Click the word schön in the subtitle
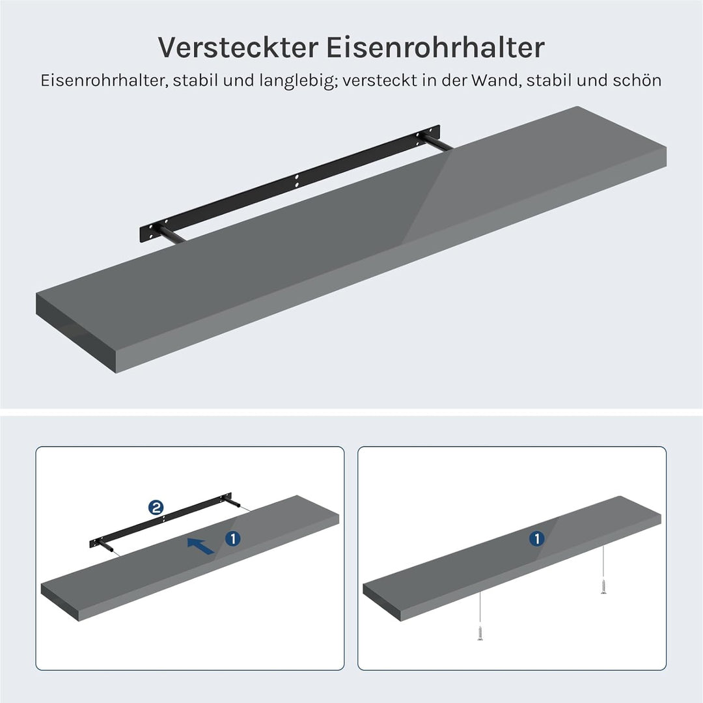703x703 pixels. (637, 81)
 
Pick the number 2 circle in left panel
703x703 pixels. (156, 508)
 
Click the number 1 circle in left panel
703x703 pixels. (233, 538)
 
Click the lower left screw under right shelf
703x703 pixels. (480, 632)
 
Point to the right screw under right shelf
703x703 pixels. (603, 587)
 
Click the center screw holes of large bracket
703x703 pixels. (297, 180)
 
